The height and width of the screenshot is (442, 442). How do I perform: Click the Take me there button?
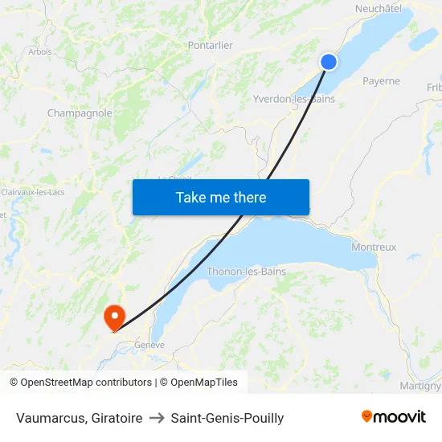point(221,197)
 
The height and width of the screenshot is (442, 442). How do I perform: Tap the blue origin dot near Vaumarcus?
point(329,62)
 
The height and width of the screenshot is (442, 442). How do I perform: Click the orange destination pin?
point(114,315)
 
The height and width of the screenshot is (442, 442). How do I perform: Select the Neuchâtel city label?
point(378,8)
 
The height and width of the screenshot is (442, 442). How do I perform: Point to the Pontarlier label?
point(210,46)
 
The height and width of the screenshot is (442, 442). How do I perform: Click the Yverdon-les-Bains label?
point(294,99)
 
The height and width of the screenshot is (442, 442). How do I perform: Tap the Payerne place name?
point(381,81)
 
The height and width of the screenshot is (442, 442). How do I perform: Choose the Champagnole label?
point(80,113)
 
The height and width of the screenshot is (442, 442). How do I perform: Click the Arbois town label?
point(40,51)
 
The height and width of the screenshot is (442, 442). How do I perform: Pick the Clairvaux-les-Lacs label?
point(33,192)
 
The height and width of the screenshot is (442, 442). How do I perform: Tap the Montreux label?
point(374,248)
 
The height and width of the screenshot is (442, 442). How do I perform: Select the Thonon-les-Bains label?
point(246,272)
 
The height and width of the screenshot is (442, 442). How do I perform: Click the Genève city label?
point(149,345)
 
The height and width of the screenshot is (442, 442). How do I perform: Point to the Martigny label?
point(420,386)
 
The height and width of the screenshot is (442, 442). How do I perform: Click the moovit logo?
point(394,416)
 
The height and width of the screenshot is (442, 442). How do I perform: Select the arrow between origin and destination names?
point(157,418)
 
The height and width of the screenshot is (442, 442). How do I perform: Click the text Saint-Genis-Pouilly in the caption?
point(227,418)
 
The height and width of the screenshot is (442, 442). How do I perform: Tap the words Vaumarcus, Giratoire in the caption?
point(80,418)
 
